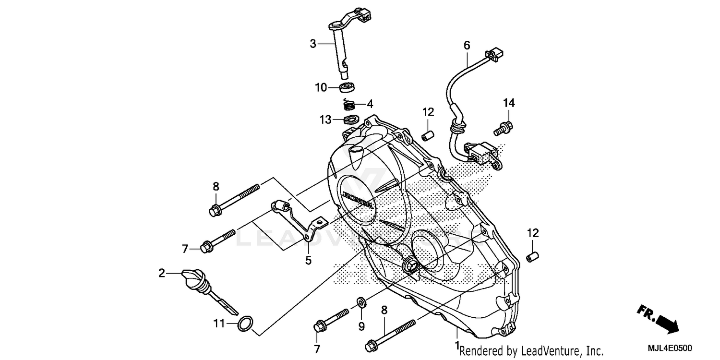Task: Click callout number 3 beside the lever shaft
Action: tap(313, 44)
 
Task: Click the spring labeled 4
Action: tap(350, 104)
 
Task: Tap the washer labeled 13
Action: tap(350, 119)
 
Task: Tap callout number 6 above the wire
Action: tap(467, 46)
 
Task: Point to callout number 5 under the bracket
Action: tap(308, 261)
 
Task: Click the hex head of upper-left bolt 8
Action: tap(215, 209)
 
